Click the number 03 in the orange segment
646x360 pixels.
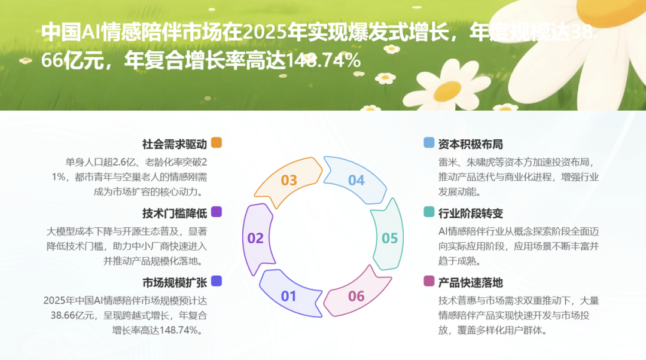[289, 180]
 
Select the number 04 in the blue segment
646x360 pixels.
[356, 180]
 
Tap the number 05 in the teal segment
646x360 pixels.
[390, 238]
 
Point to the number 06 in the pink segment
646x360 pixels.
[356, 296]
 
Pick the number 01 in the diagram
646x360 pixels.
[289, 296]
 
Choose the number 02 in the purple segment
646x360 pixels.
[255, 238]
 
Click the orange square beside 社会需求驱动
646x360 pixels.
[217, 143]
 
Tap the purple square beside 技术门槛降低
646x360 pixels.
[217, 212]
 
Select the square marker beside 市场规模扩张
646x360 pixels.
[217, 281]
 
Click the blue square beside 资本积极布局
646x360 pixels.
[429, 143]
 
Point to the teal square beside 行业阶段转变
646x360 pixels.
[429, 212]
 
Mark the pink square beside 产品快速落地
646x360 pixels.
[429, 281]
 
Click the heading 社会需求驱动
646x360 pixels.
[175, 144]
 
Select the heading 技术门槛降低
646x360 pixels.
[175, 213]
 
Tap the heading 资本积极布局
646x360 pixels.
[471, 144]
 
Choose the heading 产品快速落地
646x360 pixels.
[471, 282]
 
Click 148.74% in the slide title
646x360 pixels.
[324, 60]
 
